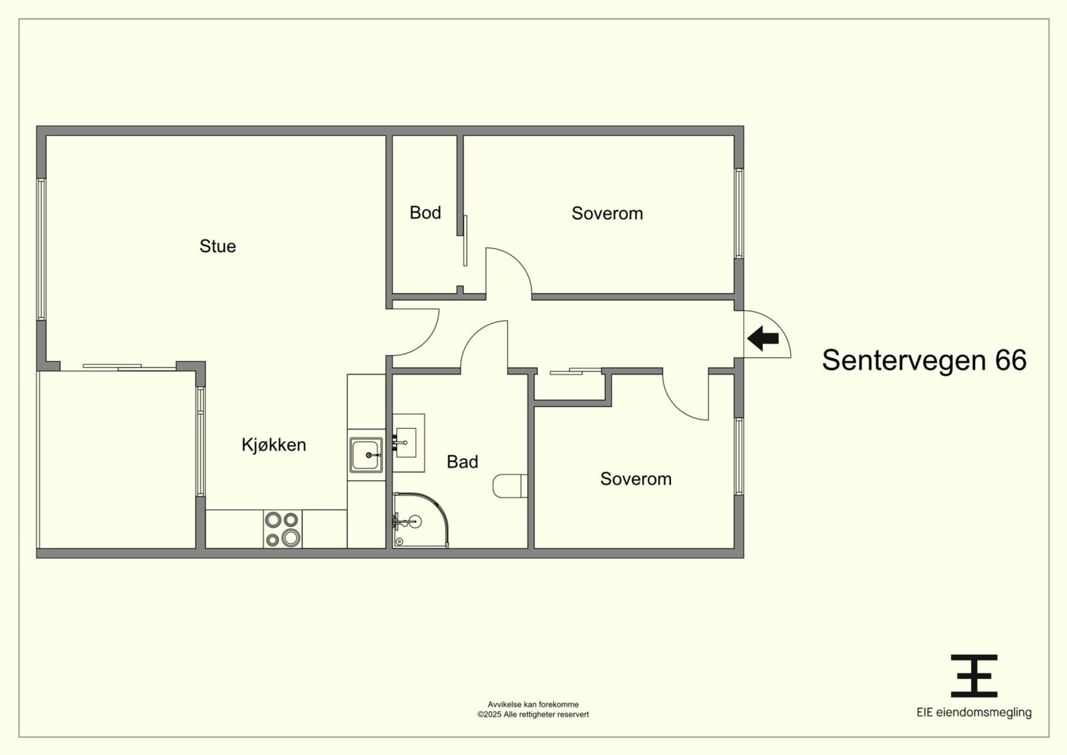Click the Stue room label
(217, 246)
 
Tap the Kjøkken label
(274, 445)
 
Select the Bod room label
(425, 213)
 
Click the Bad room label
(463, 462)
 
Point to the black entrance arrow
(763, 339)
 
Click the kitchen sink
(366, 455)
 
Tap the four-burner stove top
(283, 529)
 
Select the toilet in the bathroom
(510, 486)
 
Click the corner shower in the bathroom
(421, 520)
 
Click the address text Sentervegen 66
(924, 359)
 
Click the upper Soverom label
(608, 213)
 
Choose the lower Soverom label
(636, 479)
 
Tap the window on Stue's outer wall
(41, 249)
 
